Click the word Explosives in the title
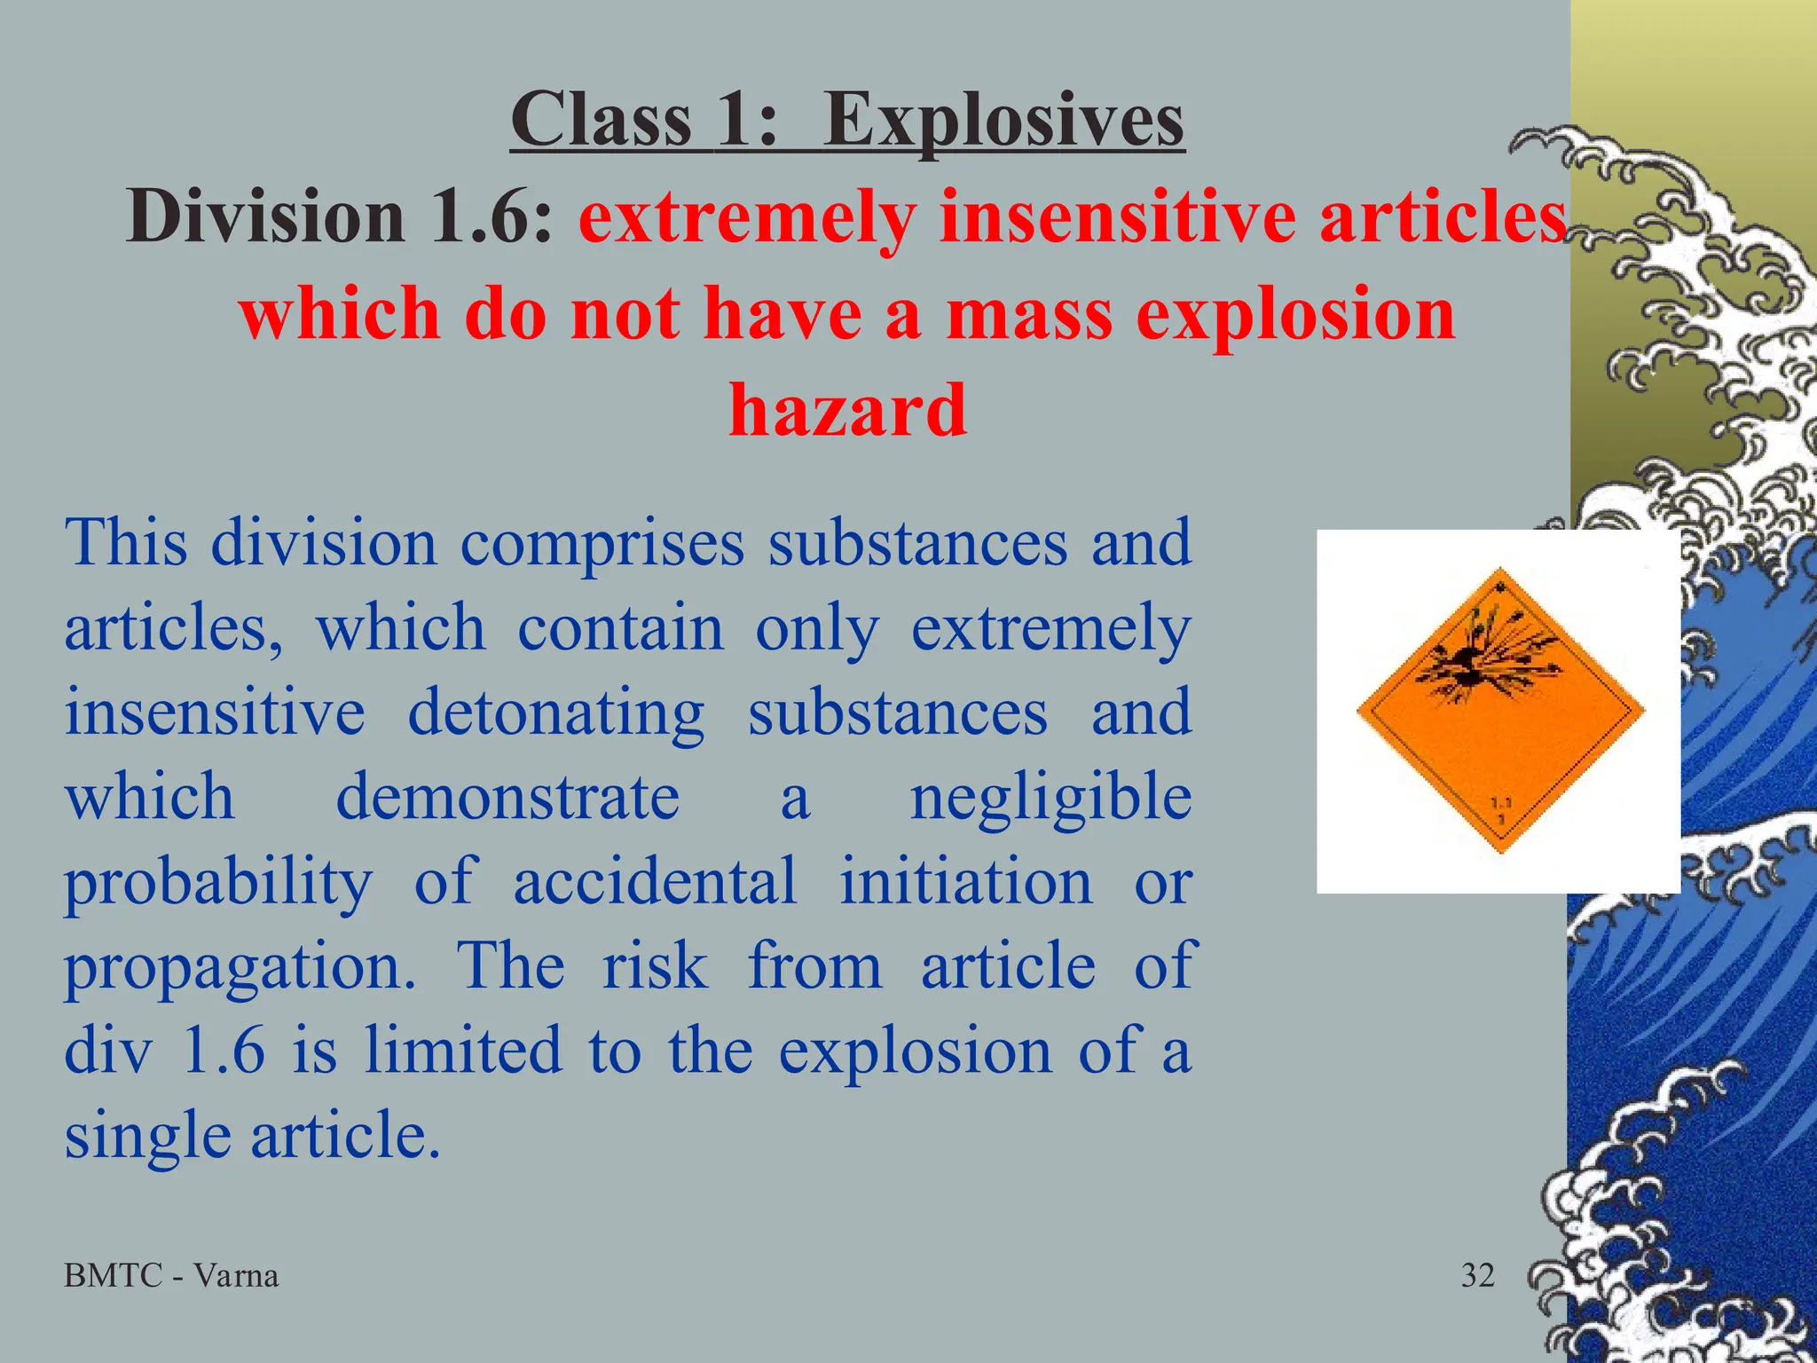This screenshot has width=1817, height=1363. [1003, 122]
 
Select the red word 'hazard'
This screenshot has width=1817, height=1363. [847, 410]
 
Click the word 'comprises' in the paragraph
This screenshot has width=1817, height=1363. [602, 543]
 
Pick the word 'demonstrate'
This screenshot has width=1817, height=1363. [507, 797]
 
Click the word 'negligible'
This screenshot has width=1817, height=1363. [1050, 797]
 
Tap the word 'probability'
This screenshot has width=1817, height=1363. [218, 883]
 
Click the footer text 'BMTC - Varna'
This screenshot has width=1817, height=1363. [171, 1276]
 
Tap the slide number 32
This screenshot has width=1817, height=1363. [1478, 1276]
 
